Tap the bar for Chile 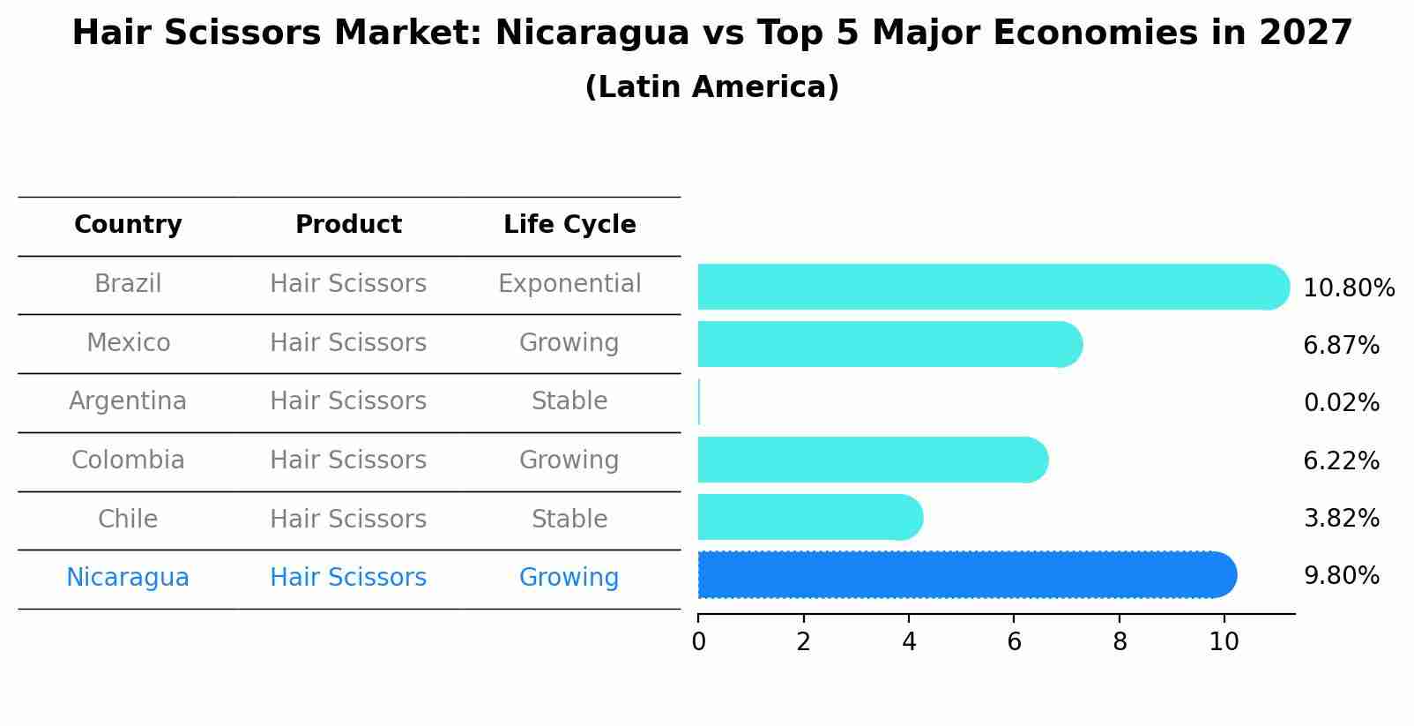pyautogui.click(x=809, y=517)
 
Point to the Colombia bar pyautogui.click(x=872, y=460)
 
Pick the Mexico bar pyautogui.click(x=889, y=344)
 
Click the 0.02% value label pyautogui.click(x=1341, y=403)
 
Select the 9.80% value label pyautogui.click(x=1341, y=576)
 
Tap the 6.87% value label pyautogui.click(x=1341, y=346)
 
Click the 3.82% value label pyautogui.click(x=1341, y=519)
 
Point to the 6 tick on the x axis pyautogui.click(x=1014, y=642)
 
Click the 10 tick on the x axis pyautogui.click(x=1224, y=642)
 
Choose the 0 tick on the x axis pyautogui.click(x=698, y=642)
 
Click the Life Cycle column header pyautogui.click(x=569, y=225)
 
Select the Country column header pyautogui.click(x=128, y=225)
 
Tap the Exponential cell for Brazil pyautogui.click(x=569, y=284)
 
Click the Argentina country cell pyautogui.click(x=128, y=401)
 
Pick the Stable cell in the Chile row pyautogui.click(x=569, y=520)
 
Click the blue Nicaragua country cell pyautogui.click(x=128, y=578)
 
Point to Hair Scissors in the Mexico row pyautogui.click(x=348, y=343)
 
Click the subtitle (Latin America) pyautogui.click(x=711, y=87)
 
